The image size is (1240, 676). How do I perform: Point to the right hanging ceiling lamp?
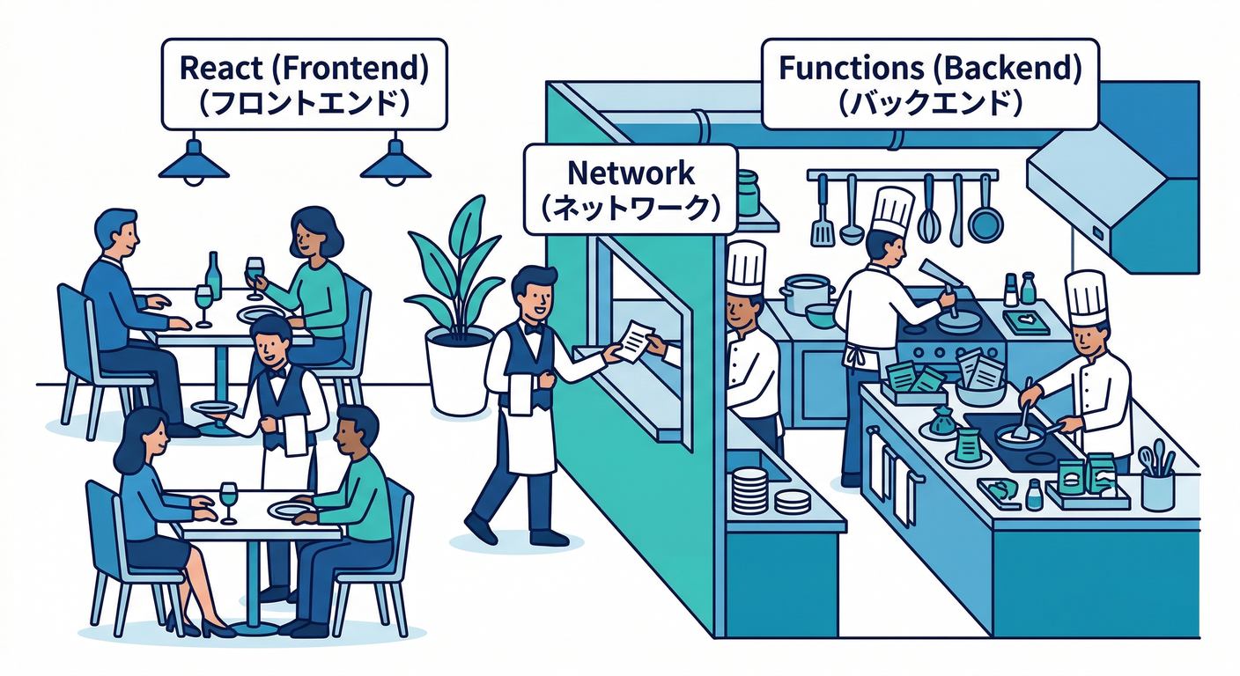pyautogui.click(x=395, y=163)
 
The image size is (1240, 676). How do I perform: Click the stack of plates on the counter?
pyautogui.click(x=749, y=489)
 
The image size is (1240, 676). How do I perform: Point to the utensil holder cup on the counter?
pyautogui.click(x=1157, y=489)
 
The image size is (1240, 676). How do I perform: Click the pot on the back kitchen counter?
pyautogui.click(x=806, y=292)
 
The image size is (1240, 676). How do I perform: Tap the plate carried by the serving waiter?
pyautogui.click(x=212, y=408)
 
